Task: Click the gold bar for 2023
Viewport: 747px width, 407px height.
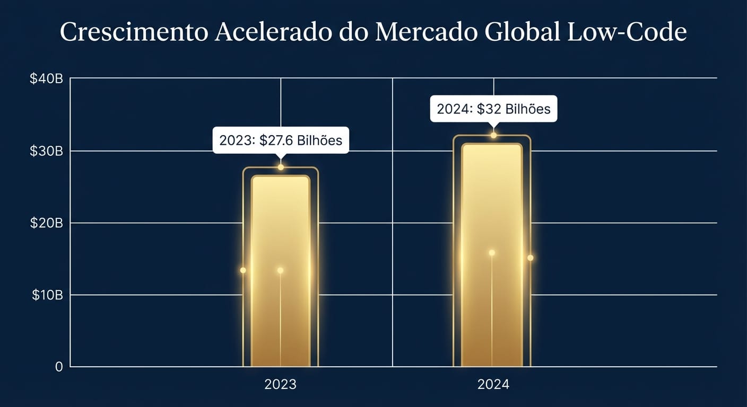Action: point(280,270)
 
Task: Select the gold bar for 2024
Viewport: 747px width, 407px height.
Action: point(492,254)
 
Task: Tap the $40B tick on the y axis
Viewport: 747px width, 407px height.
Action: point(47,79)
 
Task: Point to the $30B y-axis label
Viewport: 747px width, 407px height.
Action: point(47,151)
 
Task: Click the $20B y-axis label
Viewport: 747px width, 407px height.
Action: point(47,223)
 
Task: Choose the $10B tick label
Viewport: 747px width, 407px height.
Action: point(47,295)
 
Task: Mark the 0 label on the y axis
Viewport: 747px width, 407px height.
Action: point(59,367)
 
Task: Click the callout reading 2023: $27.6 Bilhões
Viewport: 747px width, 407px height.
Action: point(281,140)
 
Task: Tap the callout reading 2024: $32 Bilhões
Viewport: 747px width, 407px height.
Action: point(493,109)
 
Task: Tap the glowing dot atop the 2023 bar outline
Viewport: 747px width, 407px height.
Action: point(281,167)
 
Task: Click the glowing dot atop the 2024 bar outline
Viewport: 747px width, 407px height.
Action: point(493,136)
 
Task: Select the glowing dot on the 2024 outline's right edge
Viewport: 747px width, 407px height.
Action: point(530,258)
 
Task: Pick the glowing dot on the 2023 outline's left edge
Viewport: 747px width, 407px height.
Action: point(243,270)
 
